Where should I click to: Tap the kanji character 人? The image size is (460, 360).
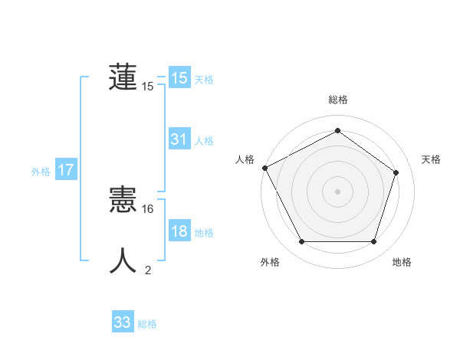123,260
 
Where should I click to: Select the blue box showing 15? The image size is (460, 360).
179,78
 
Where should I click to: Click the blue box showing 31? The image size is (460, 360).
179,139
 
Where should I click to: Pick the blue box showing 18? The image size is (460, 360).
179,231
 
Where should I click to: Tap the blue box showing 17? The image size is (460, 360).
66,170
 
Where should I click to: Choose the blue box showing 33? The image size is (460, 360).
123,322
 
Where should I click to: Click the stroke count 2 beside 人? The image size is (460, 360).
148,270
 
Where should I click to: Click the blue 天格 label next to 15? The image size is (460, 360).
204,80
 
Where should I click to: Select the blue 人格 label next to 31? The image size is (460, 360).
204,141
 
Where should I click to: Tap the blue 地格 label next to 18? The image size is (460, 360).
204,233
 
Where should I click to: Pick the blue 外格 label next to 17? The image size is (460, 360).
41,172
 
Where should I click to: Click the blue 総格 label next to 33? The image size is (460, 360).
147,324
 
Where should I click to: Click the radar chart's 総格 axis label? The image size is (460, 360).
337,100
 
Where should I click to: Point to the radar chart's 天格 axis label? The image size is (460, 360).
432,159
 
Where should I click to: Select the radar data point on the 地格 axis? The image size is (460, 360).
373,242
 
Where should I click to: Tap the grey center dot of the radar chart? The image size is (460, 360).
337,191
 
